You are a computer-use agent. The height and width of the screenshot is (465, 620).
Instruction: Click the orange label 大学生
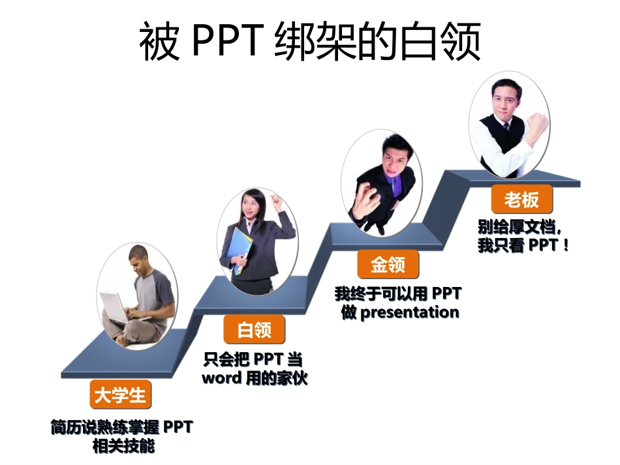(121, 395)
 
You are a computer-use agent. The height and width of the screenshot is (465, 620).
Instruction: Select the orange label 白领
(255, 330)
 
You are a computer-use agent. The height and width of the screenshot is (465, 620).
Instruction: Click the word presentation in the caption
(410, 312)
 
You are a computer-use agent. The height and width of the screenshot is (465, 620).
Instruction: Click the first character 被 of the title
(159, 42)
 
